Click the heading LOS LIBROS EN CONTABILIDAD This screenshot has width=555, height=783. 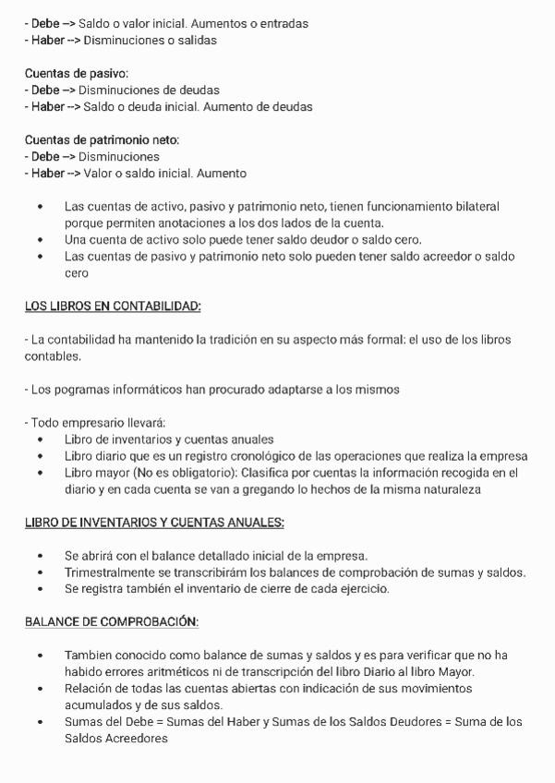tap(113, 306)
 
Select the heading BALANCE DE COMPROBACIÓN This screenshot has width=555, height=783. tap(112, 621)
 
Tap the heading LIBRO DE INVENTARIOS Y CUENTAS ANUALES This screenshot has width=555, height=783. tap(154, 523)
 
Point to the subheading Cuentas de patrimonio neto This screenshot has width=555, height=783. tap(102, 139)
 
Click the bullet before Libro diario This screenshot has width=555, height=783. tap(40, 456)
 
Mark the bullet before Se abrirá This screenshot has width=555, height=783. tap(40, 556)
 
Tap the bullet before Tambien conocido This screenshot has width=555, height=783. tap(40, 656)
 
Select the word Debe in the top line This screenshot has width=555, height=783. tap(45, 23)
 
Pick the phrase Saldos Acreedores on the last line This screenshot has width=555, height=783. tap(116, 739)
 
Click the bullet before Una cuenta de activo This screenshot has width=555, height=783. tap(40, 240)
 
